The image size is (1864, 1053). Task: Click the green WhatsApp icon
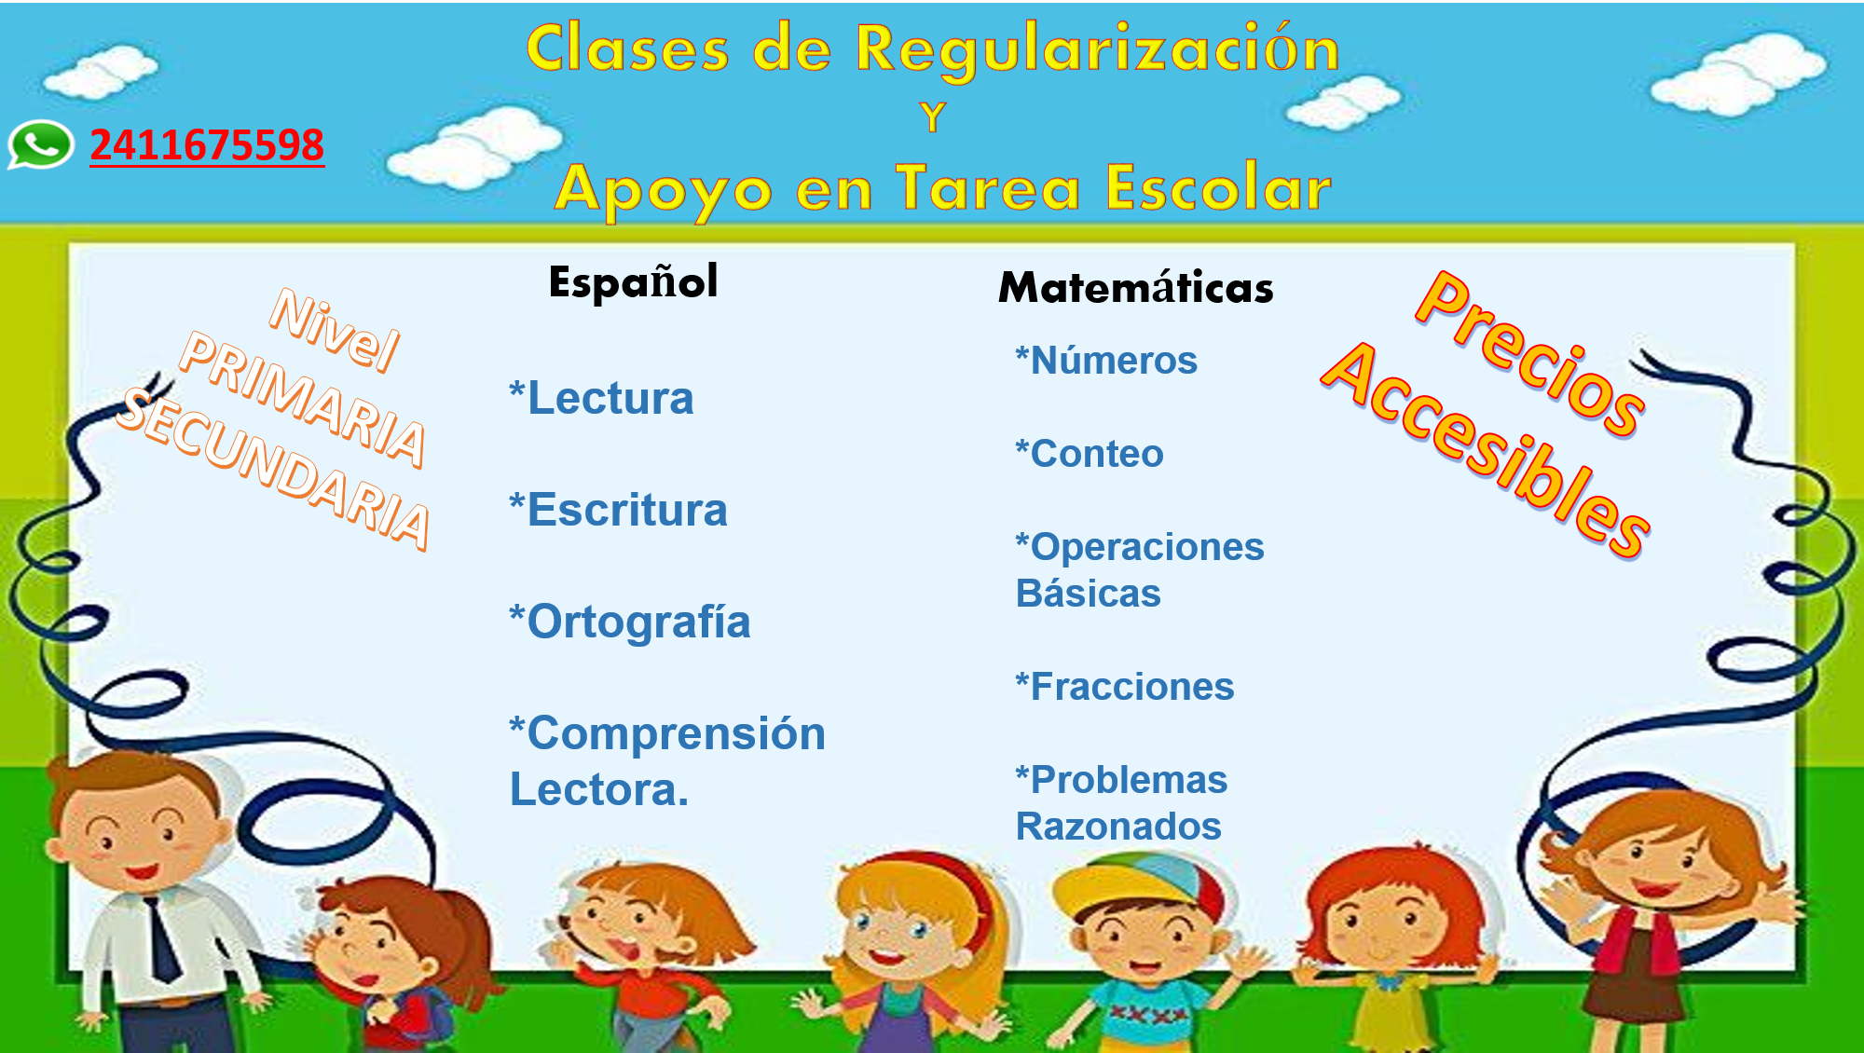pos(40,144)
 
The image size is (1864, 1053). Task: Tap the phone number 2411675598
pos(207,145)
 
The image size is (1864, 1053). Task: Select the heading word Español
pos(633,282)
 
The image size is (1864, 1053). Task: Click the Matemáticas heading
pos(1135,286)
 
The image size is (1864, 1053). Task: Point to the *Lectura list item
pos(601,398)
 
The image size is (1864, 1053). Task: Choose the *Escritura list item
pos(618,510)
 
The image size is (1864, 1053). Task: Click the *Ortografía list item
pos(630,622)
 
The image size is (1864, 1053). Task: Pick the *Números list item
pos(1106,360)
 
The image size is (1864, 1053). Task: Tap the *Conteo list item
pos(1090,453)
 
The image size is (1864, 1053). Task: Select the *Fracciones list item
pos(1125,686)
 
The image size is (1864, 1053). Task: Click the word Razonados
pos(1118,826)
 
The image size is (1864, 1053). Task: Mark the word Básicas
pos(1088,593)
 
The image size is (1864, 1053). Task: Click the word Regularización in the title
pos(1098,50)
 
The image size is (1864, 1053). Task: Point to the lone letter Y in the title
pos(932,117)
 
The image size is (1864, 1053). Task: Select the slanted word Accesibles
pos(1486,451)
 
